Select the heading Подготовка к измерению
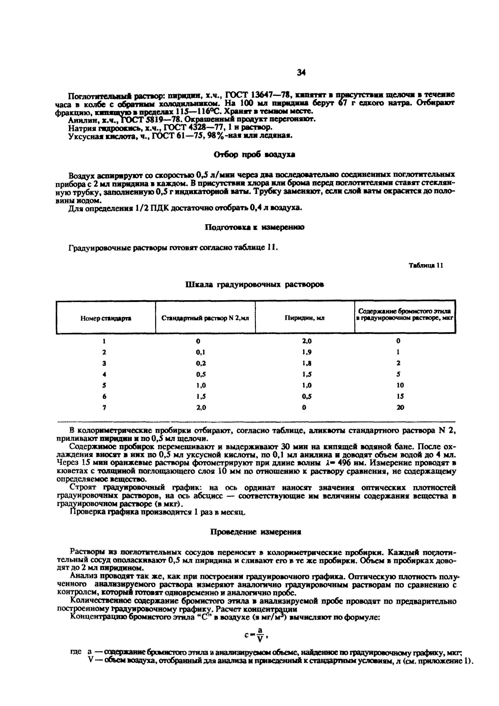[x=255, y=227]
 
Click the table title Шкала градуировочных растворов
[x=255, y=285]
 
